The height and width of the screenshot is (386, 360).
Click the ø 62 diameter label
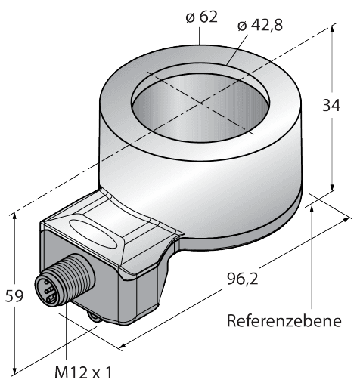click(201, 17)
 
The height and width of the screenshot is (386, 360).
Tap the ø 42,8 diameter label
click(260, 26)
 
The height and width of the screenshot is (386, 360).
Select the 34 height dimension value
click(331, 105)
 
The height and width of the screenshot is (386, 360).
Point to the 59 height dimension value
click(14, 295)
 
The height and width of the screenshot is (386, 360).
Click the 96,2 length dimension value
click(243, 279)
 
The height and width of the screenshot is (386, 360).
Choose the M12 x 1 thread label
click(83, 372)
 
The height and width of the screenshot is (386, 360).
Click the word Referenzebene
click(284, 321)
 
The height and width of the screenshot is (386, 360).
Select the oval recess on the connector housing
click(93, 233)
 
